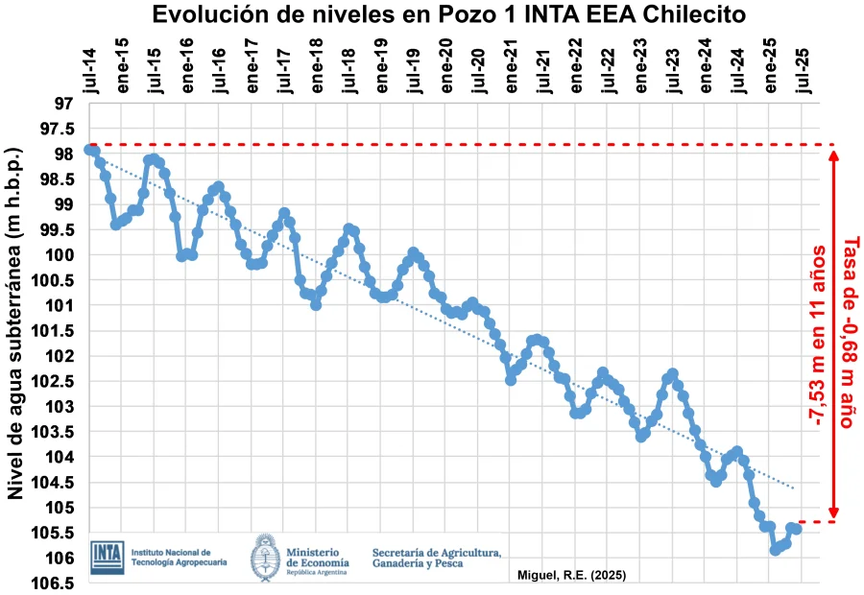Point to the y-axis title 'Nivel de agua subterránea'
(15, 323)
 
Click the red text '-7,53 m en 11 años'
(819, 335)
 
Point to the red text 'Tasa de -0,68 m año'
(848, 331)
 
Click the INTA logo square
(108, 558)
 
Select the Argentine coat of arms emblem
(266, 558)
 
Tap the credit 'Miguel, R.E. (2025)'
(572, 576)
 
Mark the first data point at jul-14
(89, 149)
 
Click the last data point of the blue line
(797, 529)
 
